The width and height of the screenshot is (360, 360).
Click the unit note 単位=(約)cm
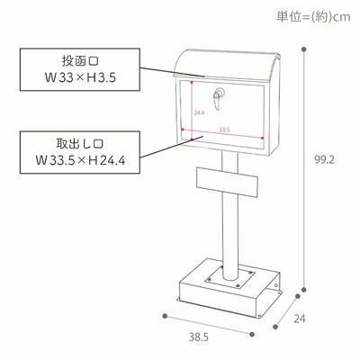pos(313,17)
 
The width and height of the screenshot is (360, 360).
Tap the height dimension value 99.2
pos(324,160)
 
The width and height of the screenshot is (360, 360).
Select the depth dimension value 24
pos(300,319)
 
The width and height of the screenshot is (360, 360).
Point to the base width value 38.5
pos(198,337)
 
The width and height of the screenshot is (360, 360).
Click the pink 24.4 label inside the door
pos(199,113)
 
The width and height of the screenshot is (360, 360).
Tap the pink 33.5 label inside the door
pos(224,130)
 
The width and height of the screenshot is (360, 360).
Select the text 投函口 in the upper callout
pos(80,61)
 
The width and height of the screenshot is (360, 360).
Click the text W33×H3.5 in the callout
pos(80,78)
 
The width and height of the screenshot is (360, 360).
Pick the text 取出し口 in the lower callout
pos(80,144)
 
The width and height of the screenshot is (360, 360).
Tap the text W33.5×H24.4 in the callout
pos(80,160)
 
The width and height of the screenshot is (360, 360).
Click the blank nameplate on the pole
pos(227,182)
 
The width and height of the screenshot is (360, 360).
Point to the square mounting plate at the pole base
pos(230,279)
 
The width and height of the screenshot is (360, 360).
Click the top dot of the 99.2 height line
pos(304,49)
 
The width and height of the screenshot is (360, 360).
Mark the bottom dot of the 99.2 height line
pos(304,290)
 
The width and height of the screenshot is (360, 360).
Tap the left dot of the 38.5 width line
pos(165,316)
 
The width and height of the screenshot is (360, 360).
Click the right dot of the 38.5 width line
pos(252,334)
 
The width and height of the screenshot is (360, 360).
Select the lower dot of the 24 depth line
pos(275,327)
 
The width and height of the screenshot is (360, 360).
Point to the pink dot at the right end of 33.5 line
pos(263,138)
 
